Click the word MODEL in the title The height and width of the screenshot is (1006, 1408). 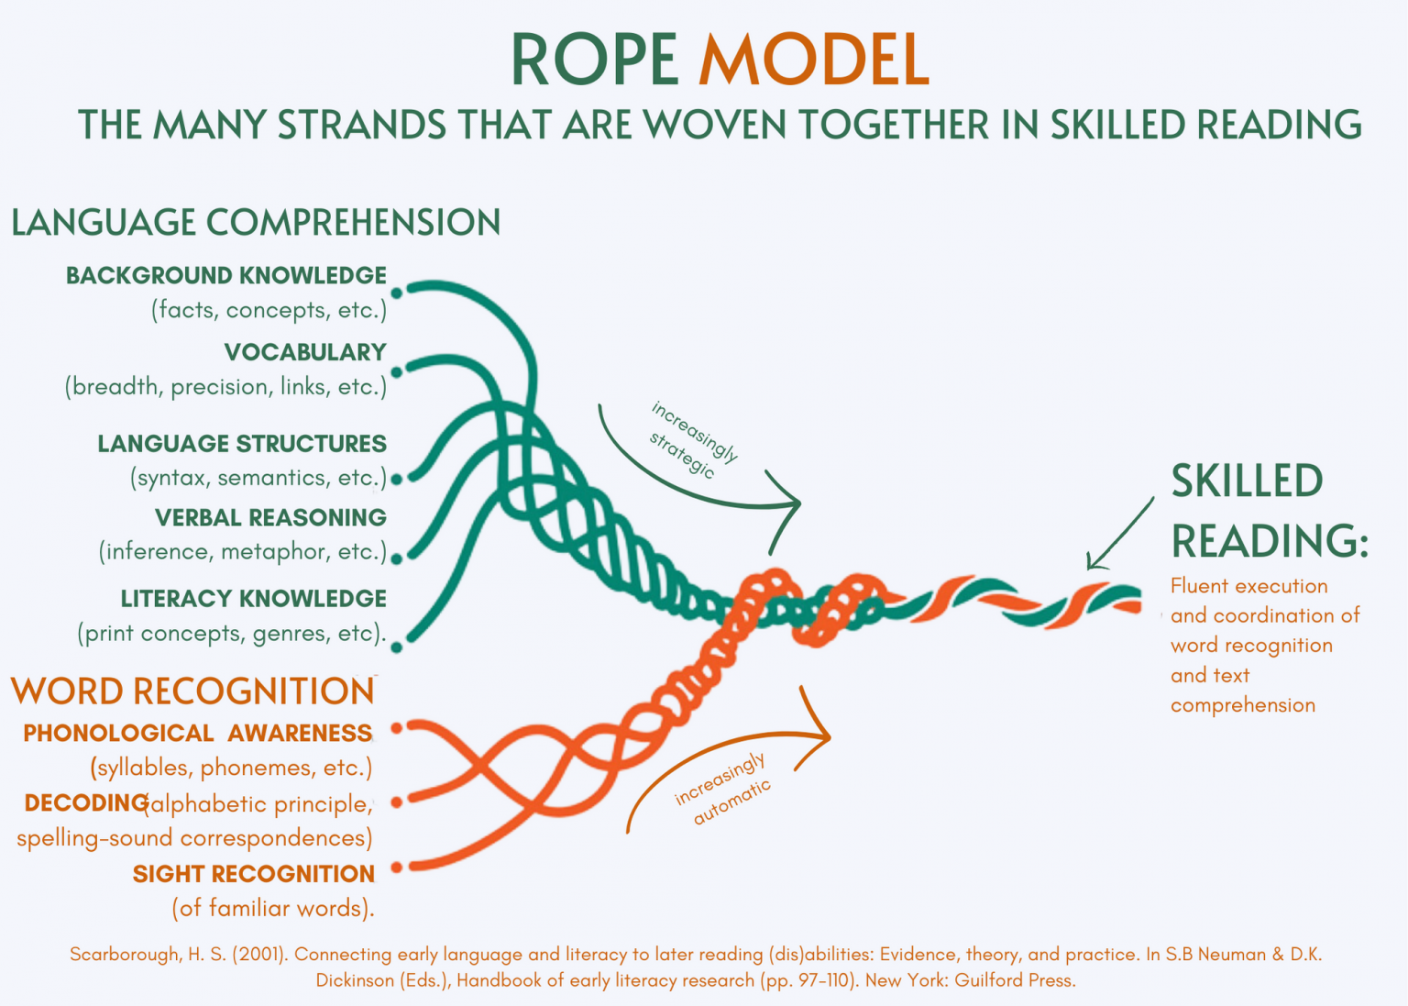pos(813,61)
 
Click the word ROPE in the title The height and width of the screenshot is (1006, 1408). pos(594,61)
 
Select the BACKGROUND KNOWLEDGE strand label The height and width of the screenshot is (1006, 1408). pos(226,275)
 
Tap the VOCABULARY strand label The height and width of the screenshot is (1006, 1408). pos(305,352)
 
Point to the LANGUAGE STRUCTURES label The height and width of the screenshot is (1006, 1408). pos(242,444)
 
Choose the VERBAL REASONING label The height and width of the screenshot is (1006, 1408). pos(270,518)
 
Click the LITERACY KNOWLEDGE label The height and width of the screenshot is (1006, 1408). pos(254,599)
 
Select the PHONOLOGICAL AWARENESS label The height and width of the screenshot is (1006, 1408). pos(197,734)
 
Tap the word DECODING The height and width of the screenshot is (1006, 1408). pos(85,803)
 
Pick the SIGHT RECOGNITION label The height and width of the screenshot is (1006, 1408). pos(254,874)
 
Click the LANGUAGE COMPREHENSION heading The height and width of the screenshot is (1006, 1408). pos(256,223)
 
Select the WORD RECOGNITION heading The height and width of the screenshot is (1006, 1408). pos(192,691)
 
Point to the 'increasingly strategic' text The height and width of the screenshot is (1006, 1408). pos(693,439)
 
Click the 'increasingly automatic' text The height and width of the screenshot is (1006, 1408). pos(722,790)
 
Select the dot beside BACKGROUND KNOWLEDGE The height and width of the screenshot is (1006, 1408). pos(397,293)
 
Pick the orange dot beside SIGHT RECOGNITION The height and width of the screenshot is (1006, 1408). pos(397,867)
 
